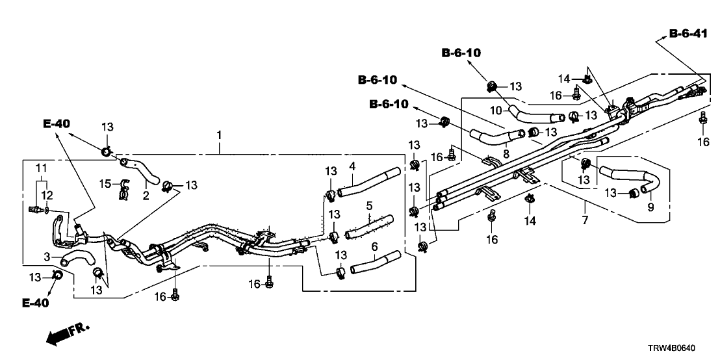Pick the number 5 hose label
coord(368,206)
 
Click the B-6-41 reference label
coord(688,33)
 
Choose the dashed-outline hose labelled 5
coord(369,225)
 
